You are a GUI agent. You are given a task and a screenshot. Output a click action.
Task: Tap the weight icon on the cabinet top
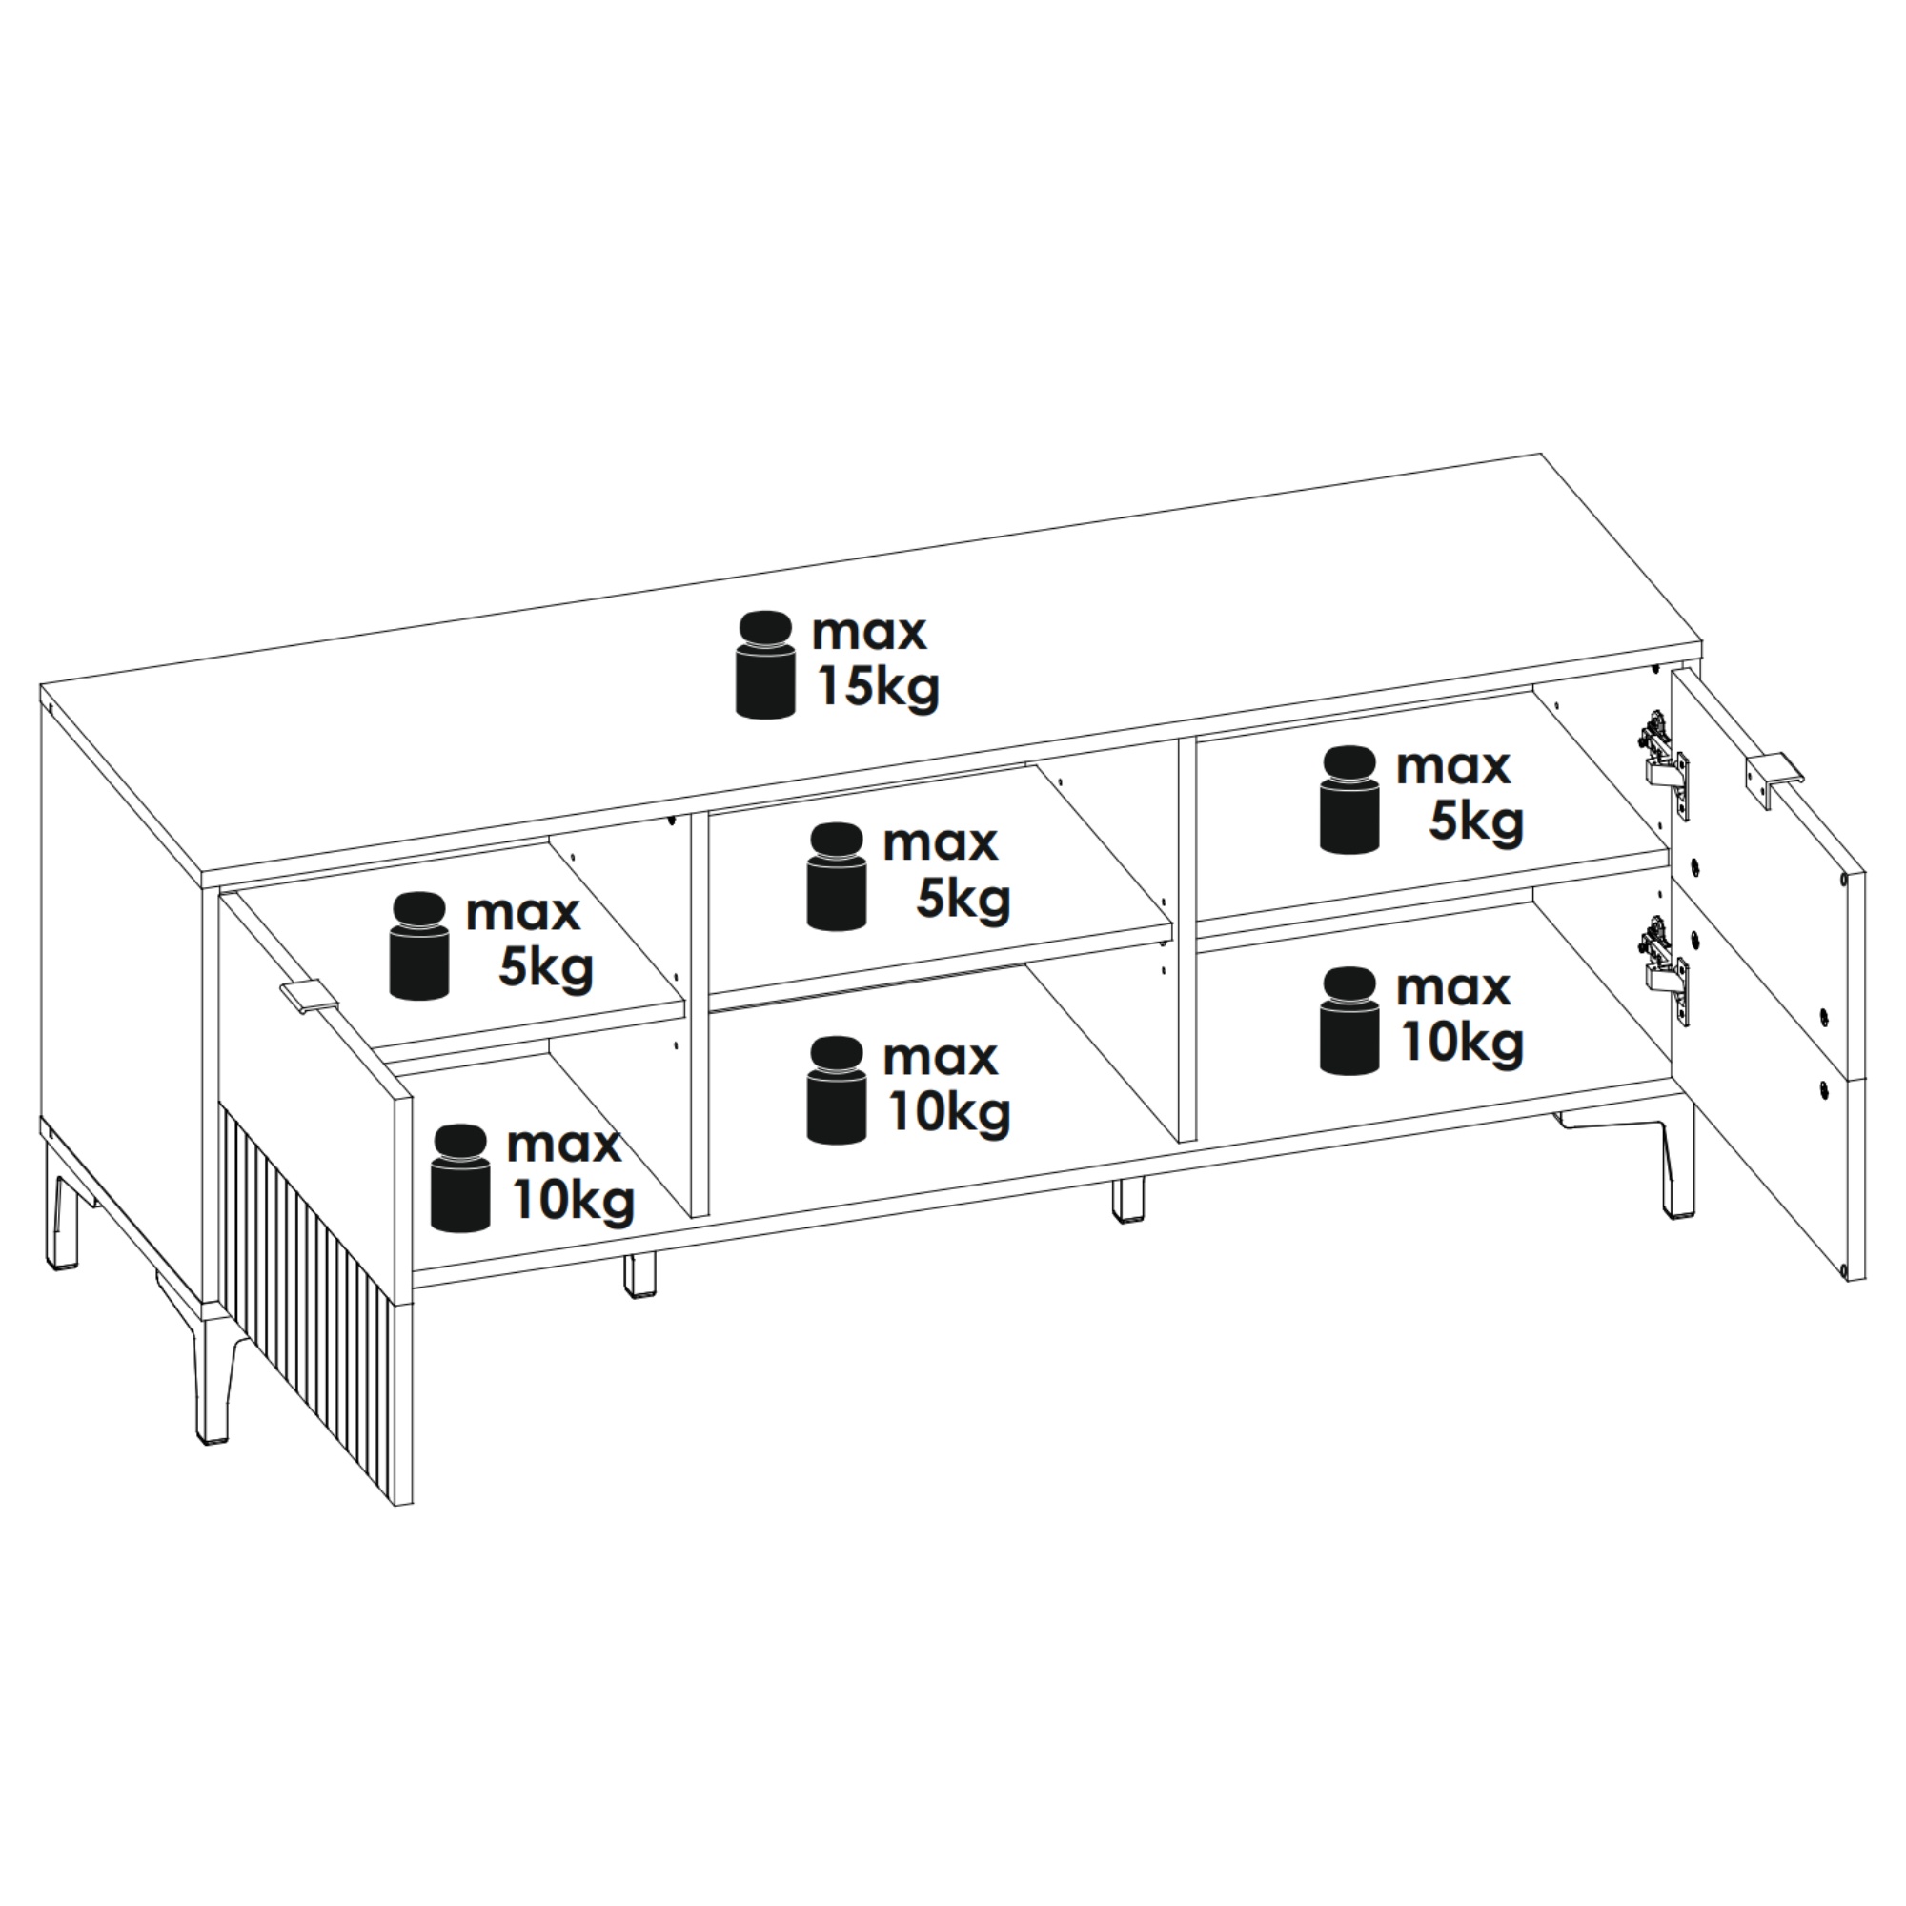click(x=765, y=664)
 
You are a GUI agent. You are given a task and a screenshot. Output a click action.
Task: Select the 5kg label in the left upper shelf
click(x=545, y=969)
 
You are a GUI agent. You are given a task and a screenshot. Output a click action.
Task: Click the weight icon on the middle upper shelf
click(x=837, y=876)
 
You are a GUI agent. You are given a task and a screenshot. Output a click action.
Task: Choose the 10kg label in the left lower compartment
click(x=573, y=1201)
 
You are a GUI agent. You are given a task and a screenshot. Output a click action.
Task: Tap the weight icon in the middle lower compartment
click(x=837, y=1090)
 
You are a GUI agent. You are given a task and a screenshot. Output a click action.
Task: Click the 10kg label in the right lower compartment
click(x=1463, y=1043)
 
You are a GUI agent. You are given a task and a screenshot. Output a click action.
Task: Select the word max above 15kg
click(x=869, y=633)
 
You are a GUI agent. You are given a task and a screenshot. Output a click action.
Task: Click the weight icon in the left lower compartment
click(x=460, y=1178)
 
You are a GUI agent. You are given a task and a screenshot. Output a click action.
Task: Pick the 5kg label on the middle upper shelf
click(x=963, y=899)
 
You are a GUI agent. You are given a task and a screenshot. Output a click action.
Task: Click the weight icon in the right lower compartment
click(x=1349, y=1020)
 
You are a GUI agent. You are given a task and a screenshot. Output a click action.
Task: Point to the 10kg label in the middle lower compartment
click(x=949, y=1113)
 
